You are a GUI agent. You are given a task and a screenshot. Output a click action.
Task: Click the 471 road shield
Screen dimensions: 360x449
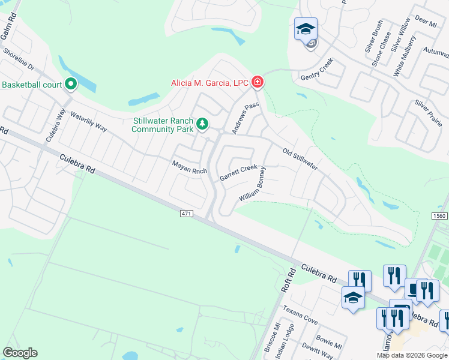pos(186,214)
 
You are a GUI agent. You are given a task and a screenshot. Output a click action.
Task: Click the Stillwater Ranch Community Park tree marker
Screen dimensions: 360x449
pos(203,124)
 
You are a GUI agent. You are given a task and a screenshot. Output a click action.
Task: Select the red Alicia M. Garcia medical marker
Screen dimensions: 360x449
pos(258,82)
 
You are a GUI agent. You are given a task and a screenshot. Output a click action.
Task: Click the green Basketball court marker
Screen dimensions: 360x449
pos(71,85)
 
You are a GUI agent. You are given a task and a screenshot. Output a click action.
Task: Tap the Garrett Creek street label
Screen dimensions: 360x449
pos(238,173)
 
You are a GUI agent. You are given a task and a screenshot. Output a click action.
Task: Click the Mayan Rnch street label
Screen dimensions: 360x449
pos(189,167)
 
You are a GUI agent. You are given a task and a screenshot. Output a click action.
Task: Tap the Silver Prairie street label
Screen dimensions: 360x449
pos(428,113)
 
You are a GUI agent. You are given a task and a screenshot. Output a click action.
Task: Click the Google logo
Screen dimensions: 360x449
pos(20,353)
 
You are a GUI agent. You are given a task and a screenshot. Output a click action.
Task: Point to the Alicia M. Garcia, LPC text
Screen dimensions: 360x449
pos(210,83)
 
